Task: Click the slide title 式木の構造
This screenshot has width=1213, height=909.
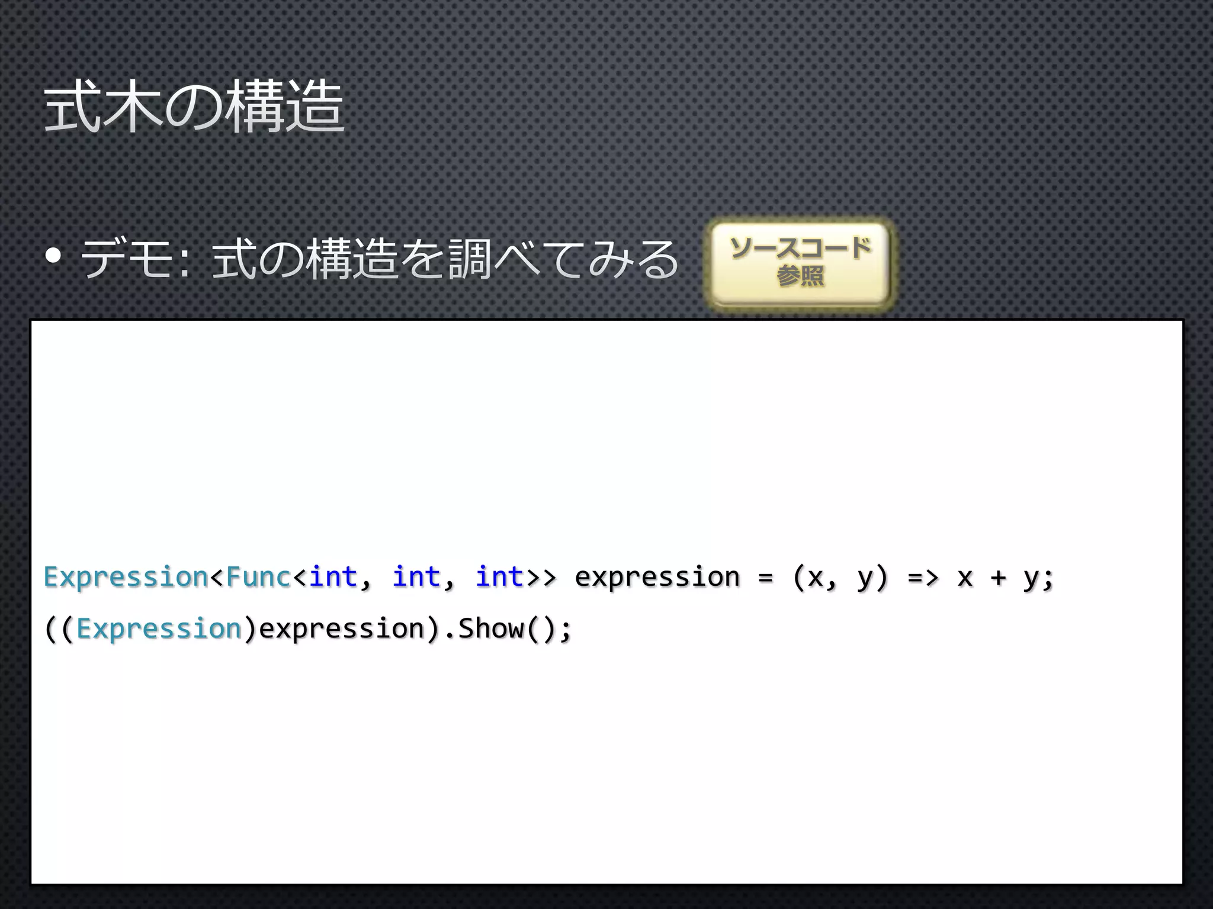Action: click(x=194, y=108)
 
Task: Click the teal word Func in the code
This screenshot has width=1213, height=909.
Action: click(x=258, y=576)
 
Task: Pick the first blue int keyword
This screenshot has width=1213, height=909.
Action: click(x=333, y=576)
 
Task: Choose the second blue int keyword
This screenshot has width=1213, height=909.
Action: click(x=416, y=576)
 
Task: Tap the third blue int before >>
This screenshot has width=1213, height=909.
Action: click(x=499, y=576)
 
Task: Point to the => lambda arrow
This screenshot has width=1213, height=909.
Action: click(x=923, y=577)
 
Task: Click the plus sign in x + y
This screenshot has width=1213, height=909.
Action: click(x=999, y=577)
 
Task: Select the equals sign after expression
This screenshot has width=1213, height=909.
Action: click(x=766, y=577)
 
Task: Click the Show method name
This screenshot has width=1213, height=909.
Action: click(x=491, y=628)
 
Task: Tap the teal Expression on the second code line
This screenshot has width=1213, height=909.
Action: click(x=159, y=628)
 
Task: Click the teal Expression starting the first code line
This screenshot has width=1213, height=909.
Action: click(x=126, y=577)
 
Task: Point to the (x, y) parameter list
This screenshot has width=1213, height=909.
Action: click(x=840, y=577)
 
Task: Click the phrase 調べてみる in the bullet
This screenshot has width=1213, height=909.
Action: click(x=563, y=259)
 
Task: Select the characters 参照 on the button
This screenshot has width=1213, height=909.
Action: click(x=800, y=276)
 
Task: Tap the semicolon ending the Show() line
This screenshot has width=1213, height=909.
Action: click(x=566, y=630)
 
